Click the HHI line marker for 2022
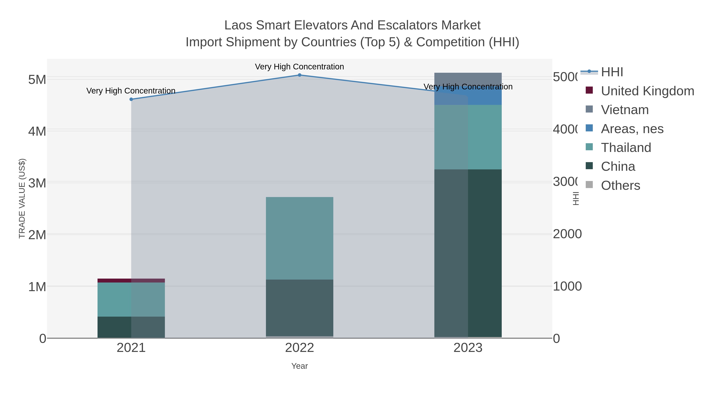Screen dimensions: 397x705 coord(299,75)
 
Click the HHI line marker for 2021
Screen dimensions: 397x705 coord(131,99)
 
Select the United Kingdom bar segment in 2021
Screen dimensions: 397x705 coord(131,280)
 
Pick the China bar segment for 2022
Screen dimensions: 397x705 coord(299,307)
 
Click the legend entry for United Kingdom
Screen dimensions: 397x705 coord(647,91)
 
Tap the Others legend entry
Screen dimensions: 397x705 coord(620,185)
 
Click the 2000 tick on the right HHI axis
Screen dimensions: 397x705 coord(567,234)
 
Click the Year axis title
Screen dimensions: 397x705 coord(299,366)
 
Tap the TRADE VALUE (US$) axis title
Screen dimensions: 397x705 coord(22,198)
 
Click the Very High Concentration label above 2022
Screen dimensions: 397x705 coord(299,67)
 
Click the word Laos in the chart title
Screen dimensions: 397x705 coord(238,25)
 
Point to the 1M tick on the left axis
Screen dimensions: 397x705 coord(37,287)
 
